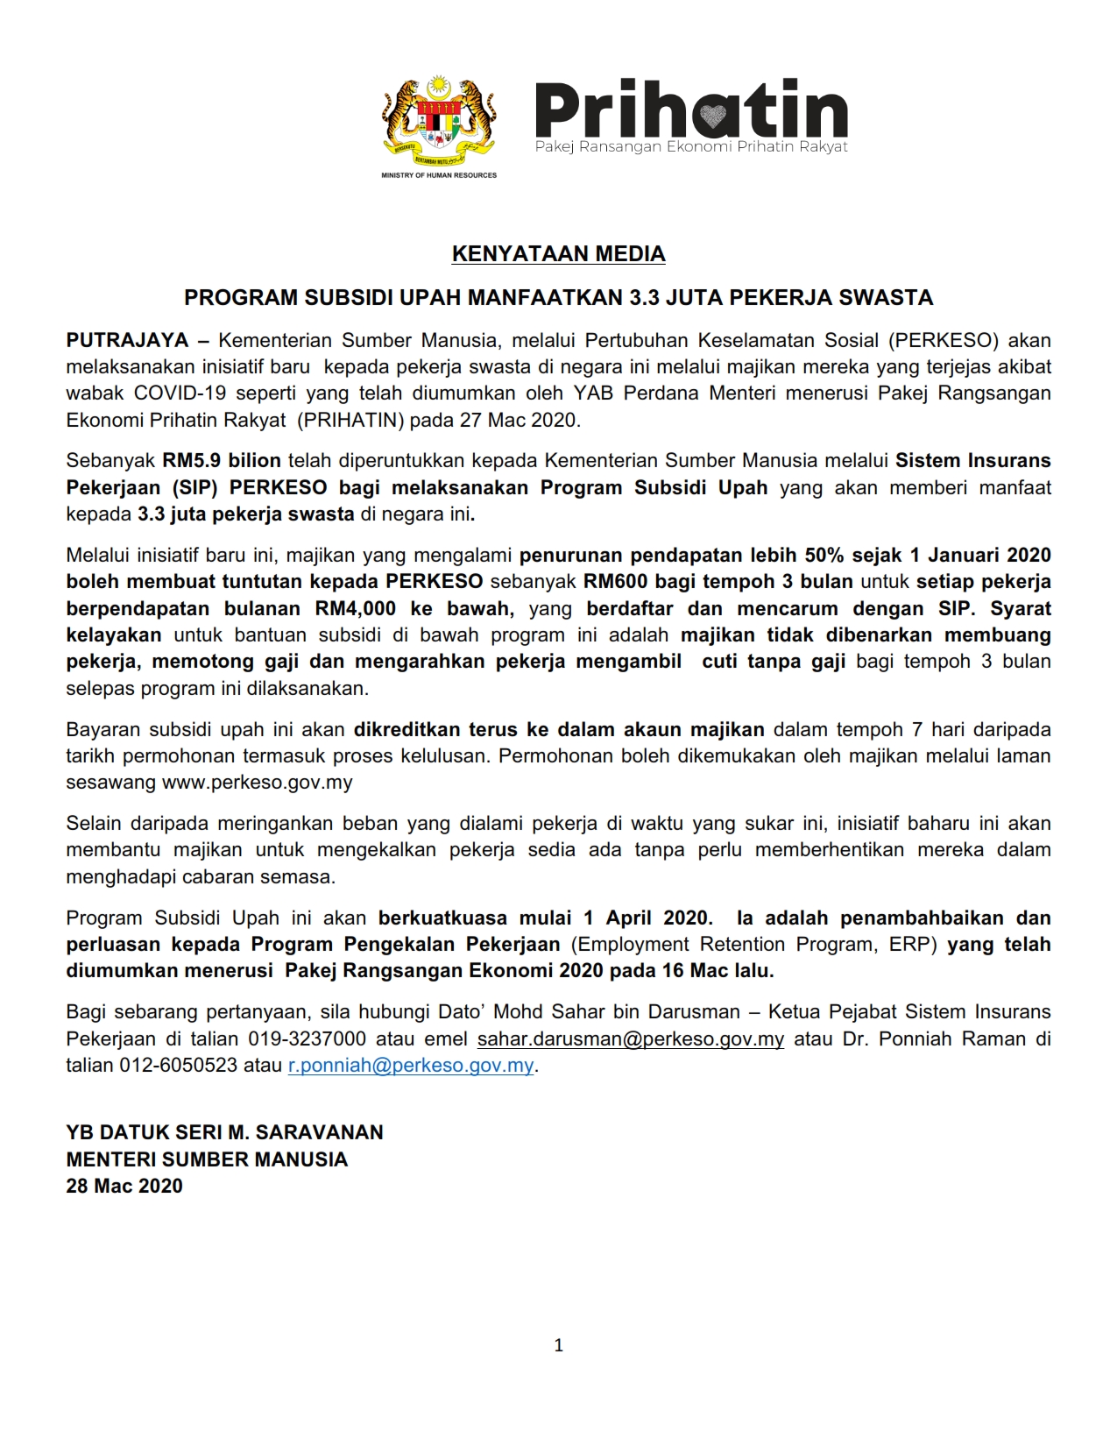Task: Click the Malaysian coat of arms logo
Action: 438,119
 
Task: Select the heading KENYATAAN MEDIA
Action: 558,254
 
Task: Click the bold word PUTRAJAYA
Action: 128,340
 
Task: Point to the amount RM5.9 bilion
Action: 222,460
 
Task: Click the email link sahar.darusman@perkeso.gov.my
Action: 630,1039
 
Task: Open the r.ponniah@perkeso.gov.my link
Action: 411,1066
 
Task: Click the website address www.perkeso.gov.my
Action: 258,783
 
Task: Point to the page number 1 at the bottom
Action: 559,1345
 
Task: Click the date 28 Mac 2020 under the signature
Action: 124,1187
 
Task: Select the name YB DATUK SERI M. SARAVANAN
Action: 225,1132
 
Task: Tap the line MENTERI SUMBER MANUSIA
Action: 207,1159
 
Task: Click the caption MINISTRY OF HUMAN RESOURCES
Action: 439,175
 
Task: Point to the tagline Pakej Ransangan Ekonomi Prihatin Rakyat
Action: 691,147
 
